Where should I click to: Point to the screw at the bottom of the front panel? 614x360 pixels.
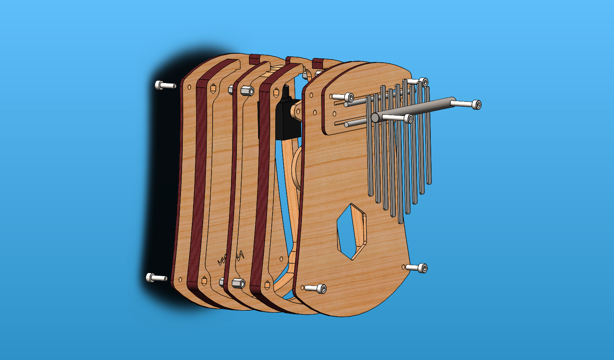click(x=321, y=289)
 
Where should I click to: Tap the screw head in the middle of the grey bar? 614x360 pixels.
click(x=408, y=118)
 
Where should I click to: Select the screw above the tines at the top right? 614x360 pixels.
click(x=423, y=82)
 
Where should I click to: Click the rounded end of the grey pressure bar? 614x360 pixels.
click(x=375, y=117)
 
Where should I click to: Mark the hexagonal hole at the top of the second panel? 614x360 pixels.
click(x=213, y=89)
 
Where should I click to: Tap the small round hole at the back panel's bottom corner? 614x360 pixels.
click(x=180, y=280)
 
